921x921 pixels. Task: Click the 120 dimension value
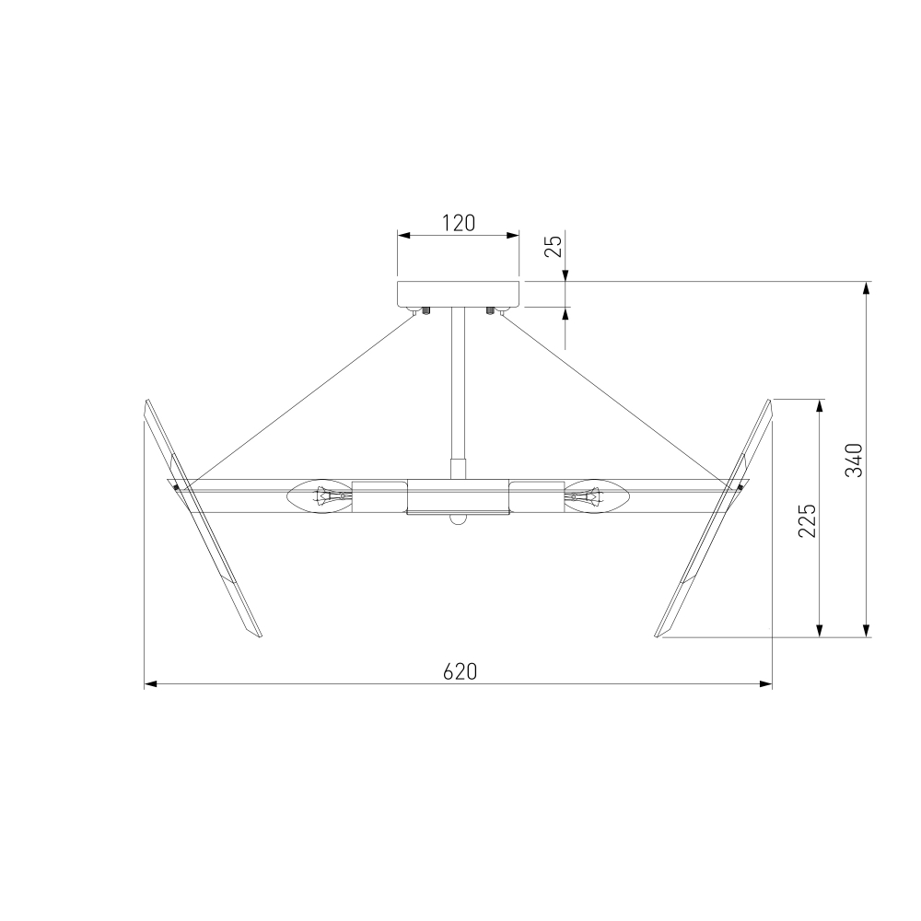pos(458,223)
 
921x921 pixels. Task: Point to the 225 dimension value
pos(807,520)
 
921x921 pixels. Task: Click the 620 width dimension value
pos(460,671)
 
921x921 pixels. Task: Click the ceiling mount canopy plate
pos(459,294)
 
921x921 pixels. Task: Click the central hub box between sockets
pos(458,497)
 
